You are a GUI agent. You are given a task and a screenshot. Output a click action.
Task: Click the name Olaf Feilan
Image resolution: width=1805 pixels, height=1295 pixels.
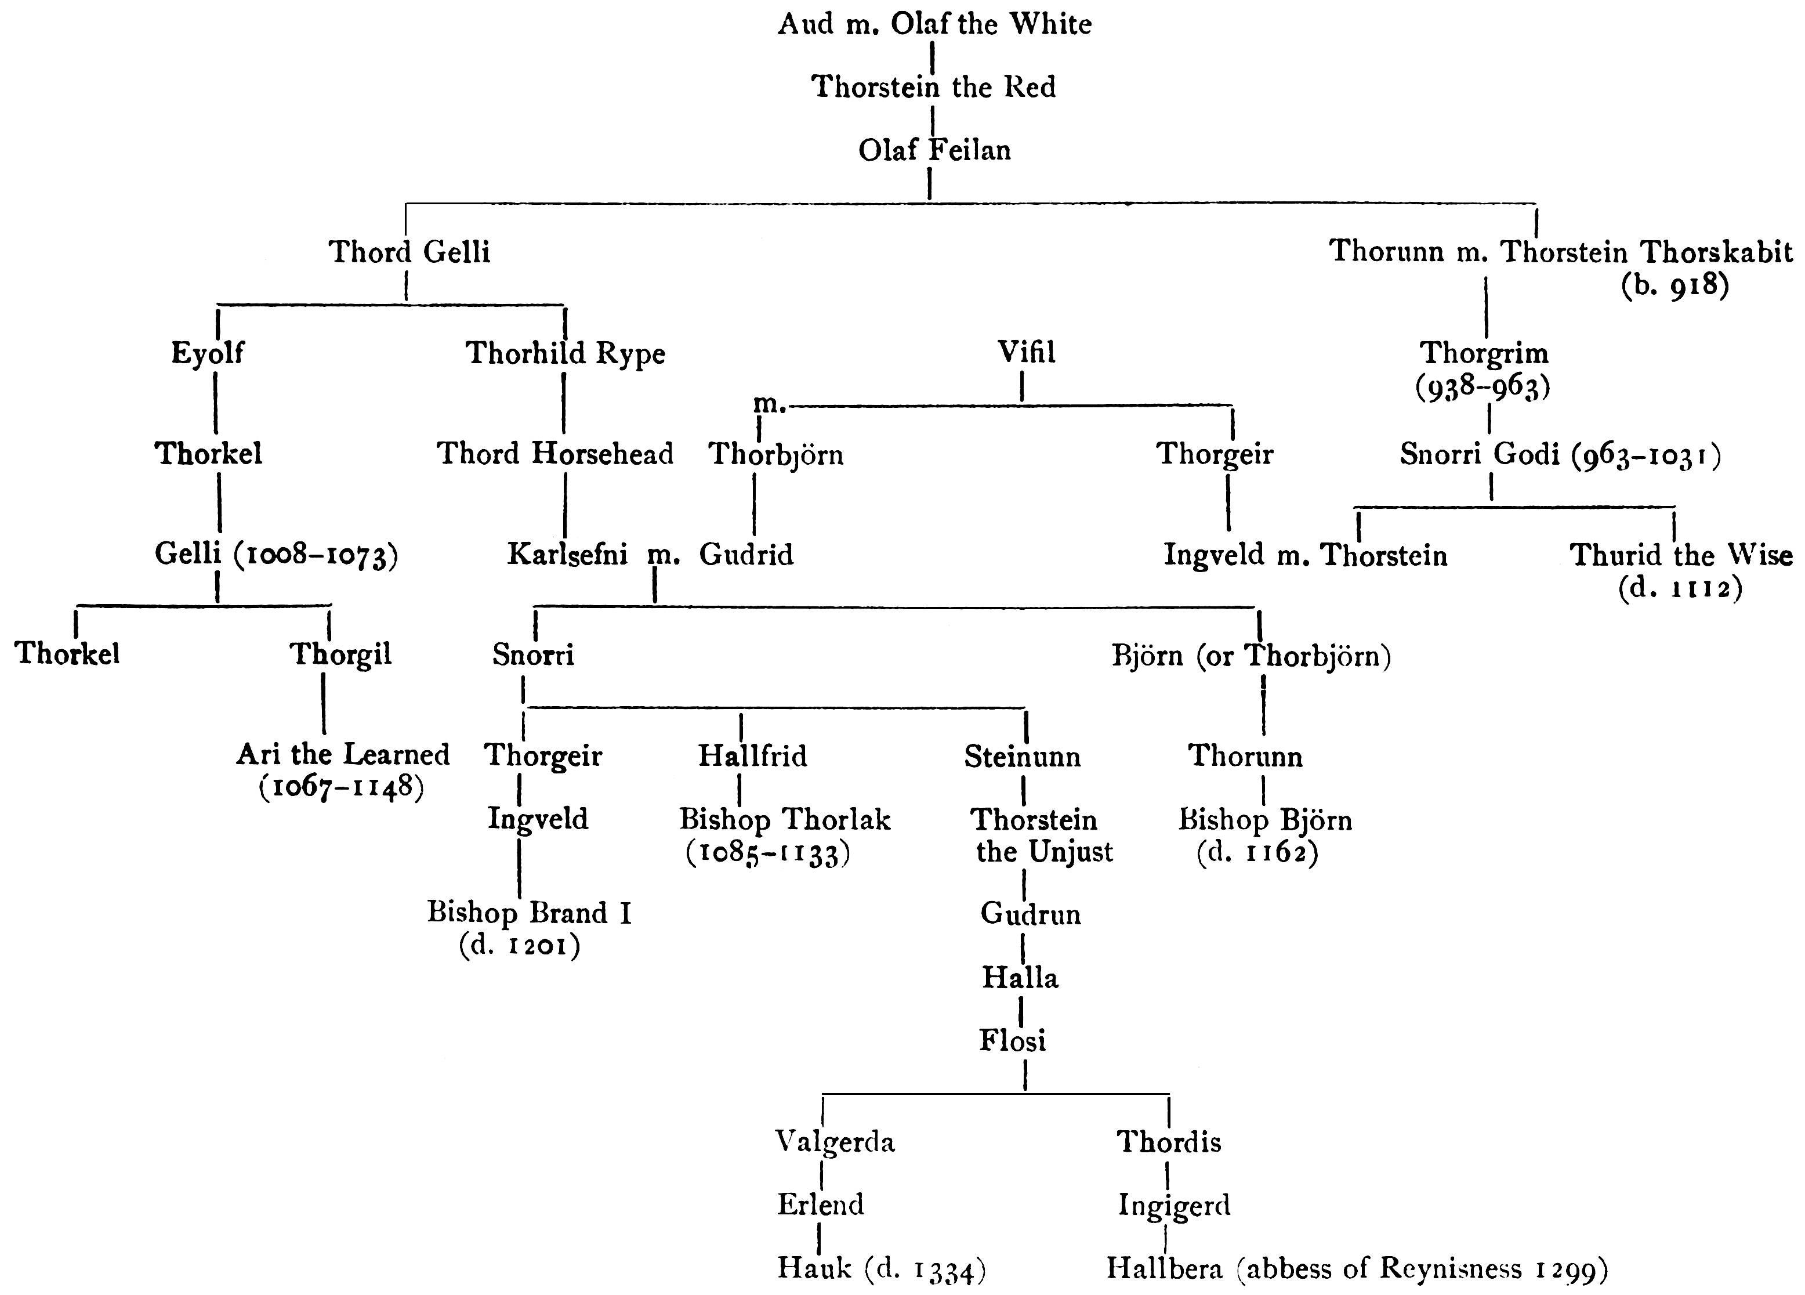click(934, 150)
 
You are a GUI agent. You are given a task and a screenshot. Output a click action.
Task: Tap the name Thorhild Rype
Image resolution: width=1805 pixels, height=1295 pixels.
click(564, 353)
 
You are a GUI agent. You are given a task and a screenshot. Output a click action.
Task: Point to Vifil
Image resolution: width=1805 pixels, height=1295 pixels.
click(1026, 352)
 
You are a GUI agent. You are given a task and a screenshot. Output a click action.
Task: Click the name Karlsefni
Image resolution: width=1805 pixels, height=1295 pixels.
click(567, 554)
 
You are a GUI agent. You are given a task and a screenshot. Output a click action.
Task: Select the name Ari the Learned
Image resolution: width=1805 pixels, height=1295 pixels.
click(343, 754)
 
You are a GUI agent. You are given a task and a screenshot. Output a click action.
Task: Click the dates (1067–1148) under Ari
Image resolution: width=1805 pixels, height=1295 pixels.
click(342, 788)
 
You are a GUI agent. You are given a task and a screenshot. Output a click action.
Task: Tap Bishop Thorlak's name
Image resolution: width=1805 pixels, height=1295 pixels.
click(785, 819)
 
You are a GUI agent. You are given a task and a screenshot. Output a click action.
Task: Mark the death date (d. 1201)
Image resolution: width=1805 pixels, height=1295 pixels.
click(520, 946)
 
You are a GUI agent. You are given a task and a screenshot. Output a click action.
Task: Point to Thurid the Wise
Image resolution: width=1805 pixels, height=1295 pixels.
click(1680, 555)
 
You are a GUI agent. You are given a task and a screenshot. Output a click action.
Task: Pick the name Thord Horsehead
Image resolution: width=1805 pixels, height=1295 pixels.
click(554, 454)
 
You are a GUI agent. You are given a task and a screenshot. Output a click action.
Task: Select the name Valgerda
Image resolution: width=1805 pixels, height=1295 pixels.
click(835, 1141)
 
